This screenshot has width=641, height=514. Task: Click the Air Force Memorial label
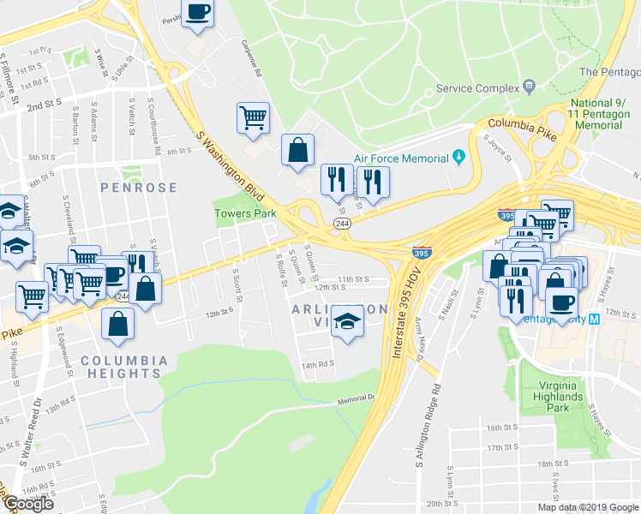click(400, 158)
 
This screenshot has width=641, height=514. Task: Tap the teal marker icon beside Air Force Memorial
click(459, 158)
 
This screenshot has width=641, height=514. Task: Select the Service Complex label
click(477, 87)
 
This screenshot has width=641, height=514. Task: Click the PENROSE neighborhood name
click(138, 187)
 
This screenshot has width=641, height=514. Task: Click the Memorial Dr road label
click(356, 399)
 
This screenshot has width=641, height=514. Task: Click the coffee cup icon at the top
click(198, 14)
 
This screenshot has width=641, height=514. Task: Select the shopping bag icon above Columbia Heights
click(117, 324)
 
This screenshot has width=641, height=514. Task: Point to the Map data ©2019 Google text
click(587, 507)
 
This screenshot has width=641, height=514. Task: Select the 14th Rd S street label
click(316, 364)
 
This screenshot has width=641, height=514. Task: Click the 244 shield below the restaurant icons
click(342, 223)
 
